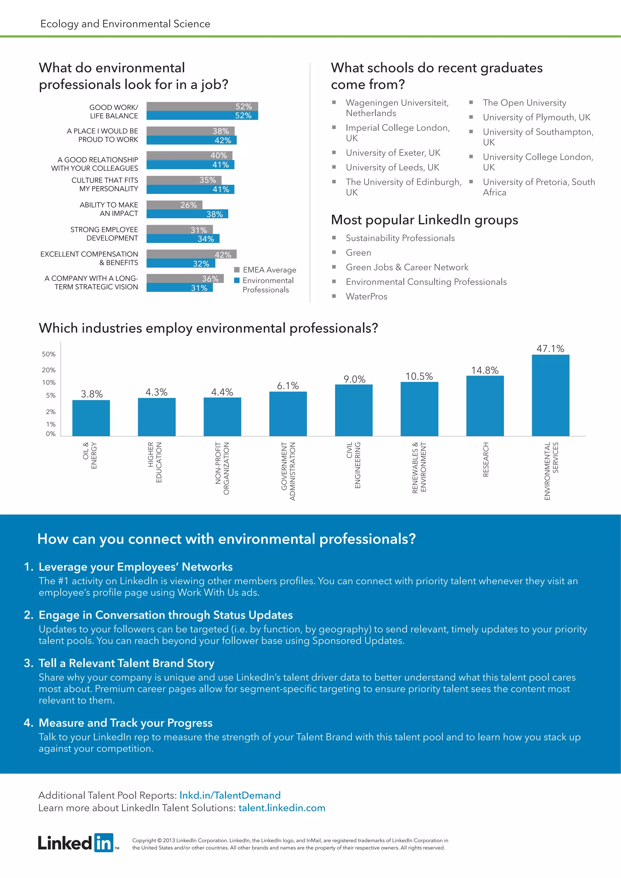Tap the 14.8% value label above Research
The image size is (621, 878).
(485, 370)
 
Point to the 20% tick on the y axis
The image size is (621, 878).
(49, 370)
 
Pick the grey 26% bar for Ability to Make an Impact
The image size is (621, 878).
(174, 205)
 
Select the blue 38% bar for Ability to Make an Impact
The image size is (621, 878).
(187, 214)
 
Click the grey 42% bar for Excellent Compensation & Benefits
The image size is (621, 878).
(191, 254)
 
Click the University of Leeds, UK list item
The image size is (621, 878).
(392, 167)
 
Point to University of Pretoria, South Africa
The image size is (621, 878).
(539, 187)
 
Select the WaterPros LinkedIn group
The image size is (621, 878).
(366, 297)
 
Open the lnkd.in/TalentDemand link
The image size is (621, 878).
(230, 795)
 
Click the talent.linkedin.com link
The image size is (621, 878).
(282, 808)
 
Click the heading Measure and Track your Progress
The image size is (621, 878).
(126, 722)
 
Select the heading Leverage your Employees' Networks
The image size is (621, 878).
(135, 566)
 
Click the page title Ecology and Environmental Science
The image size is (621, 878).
(125, 24)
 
